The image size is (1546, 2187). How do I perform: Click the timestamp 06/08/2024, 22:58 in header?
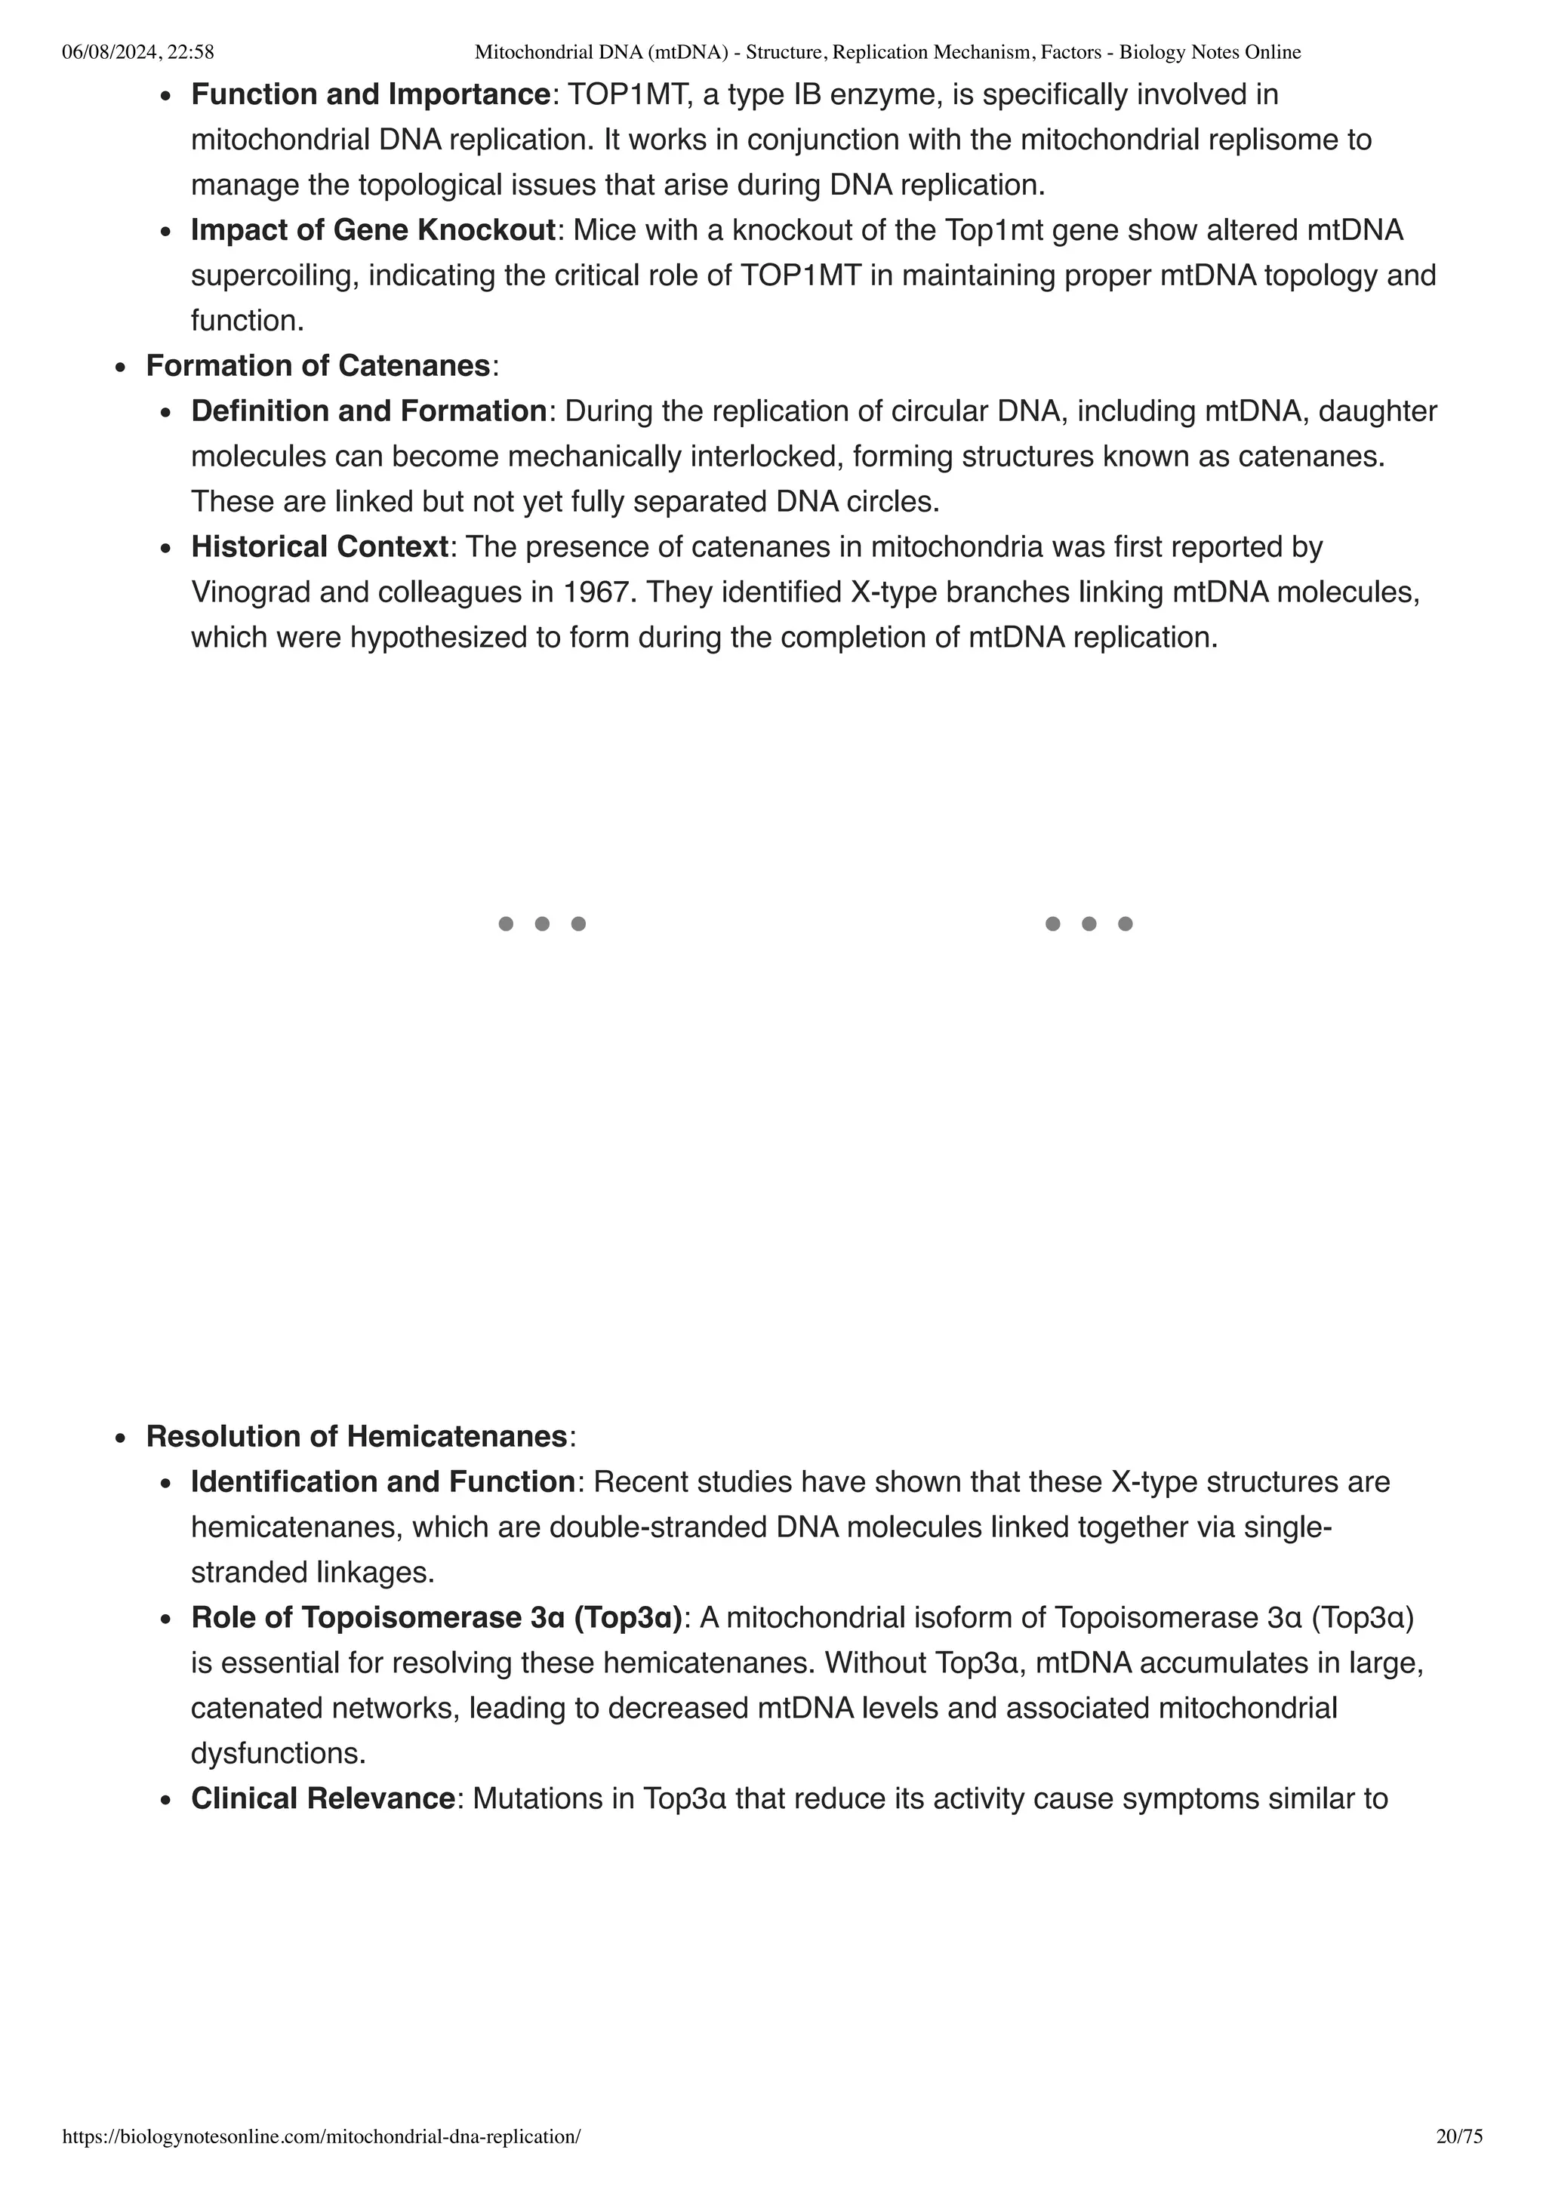coord(137,52)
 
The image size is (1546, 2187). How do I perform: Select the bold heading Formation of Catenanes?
coord(317,366)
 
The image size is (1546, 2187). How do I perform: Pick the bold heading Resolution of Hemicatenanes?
coord(356,1436)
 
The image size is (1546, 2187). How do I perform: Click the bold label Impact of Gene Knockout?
coord(372,229)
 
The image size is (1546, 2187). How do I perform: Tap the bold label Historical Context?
coord(319,546)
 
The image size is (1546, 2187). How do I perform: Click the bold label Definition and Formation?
coord(368,411)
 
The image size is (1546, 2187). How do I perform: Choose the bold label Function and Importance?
coord(371,94)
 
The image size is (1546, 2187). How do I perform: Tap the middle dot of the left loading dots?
coord(542,923)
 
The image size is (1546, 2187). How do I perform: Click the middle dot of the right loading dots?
coord(1089,923)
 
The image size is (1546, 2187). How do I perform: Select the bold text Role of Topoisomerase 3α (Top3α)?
coord(437,1617)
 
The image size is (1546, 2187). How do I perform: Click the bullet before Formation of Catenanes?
coord(120,368)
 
